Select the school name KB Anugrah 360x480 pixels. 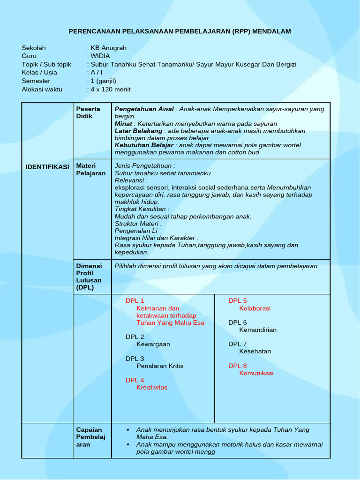(x=109, y=48)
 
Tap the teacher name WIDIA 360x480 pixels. (x=100, y=56)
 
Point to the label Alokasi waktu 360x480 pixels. (x=42, y=90)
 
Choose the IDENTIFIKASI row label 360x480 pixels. (x=47, y=167)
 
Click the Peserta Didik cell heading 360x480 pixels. (x=88, y=112)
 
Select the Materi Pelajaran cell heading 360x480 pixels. (x=91, y=169)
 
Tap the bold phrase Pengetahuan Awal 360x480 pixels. (x=144, y=109)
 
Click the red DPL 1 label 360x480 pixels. (x=135, y=301)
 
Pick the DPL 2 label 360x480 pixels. (x=135, y=337)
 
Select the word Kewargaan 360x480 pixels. (x=153, y=344)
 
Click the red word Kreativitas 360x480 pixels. (x=152, y=388)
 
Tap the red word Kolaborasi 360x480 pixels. (x=255, y=308)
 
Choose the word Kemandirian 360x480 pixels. (x=258, y=330)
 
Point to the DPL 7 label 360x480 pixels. (x=238, y=344)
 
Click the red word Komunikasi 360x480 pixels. (x=256, y=373)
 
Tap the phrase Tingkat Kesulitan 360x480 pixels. (x=142, y=209)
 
